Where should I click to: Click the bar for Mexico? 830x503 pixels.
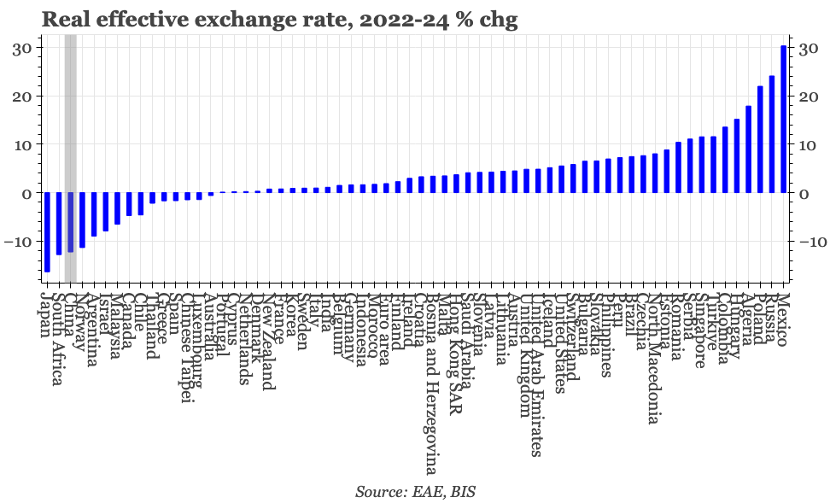coord(783,120)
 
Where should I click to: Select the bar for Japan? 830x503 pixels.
coord(47,232)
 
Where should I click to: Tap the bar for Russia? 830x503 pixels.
coord(772,135)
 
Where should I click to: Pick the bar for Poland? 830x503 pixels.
coord(760,140)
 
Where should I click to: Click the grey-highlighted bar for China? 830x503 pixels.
coord(71,223)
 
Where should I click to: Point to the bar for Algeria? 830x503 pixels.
coord(748,149)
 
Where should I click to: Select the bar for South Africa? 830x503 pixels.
coord(59,224)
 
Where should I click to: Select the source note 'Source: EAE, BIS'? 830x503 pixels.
coord(415,492)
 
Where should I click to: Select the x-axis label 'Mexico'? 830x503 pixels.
coord(783,319)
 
